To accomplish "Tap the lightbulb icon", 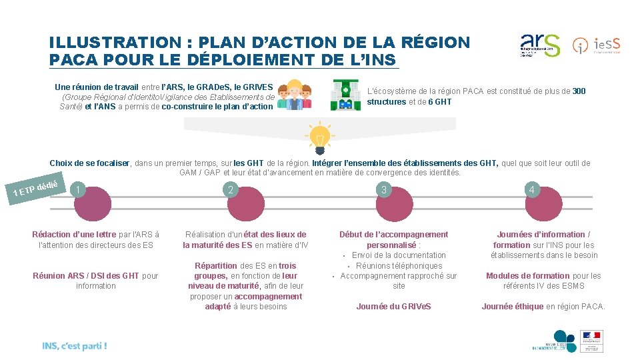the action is [319, 138].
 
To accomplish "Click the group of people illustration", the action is [294, 95].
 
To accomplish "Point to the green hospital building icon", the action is [345, 95].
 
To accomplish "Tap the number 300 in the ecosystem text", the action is [579, 91].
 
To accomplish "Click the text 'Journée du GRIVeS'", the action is [393, 307].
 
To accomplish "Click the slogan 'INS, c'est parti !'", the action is [74, 345].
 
